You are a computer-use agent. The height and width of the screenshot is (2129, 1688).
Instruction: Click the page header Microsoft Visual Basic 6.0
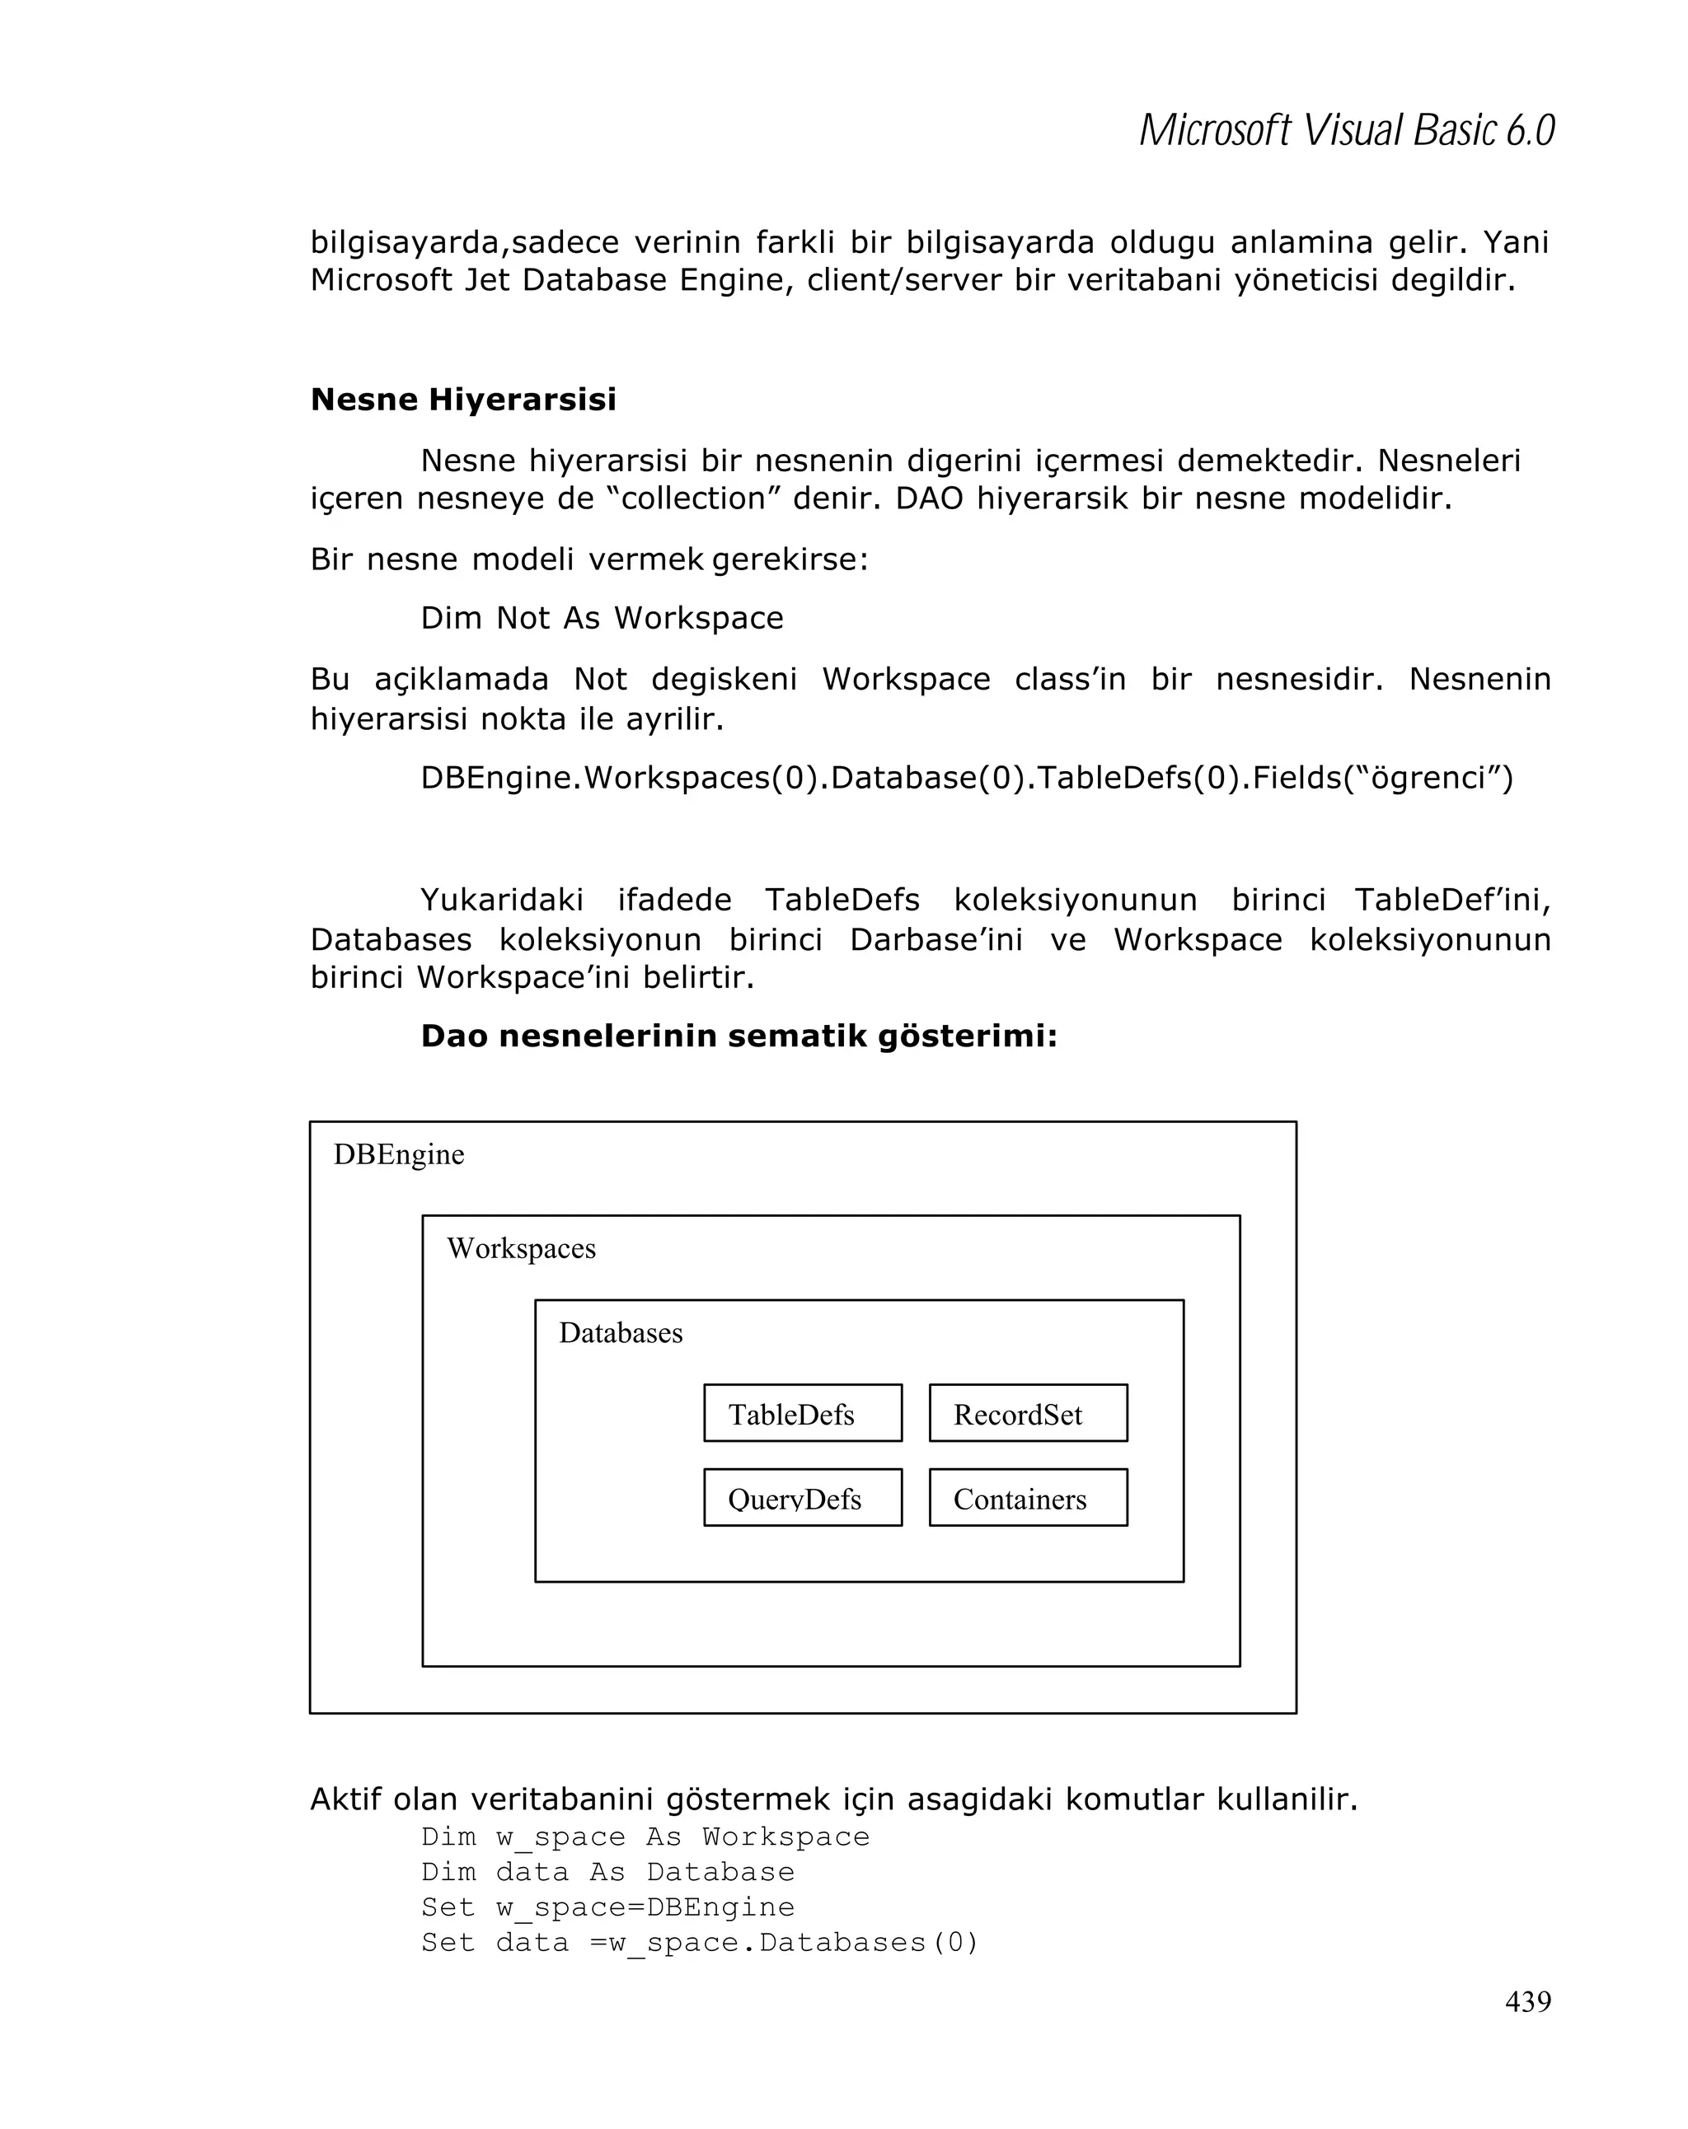coord(1346,130)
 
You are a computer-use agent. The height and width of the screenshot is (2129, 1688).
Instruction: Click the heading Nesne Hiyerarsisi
coord(462,399)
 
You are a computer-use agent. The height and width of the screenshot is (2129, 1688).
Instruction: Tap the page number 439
coord(1527,2000)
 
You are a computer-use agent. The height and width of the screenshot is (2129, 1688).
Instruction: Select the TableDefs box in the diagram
coord(802,1413)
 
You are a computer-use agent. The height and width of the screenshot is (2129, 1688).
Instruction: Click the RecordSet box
coord(1027,1413)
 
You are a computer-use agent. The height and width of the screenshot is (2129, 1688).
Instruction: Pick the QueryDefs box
coord(802,1498)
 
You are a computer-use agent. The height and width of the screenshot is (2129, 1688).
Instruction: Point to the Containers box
coord(1027,1498)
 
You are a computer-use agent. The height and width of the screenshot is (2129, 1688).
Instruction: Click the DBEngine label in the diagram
coord(398,1154)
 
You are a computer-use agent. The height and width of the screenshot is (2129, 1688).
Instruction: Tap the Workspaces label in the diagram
coord(521,1248)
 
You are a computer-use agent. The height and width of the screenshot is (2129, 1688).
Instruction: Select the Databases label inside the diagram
coord(621,1333)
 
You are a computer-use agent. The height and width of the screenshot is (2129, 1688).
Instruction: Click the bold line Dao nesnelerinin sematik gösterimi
coord(738,1036)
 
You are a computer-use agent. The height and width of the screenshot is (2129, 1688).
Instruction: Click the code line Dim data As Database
coord(607,1871)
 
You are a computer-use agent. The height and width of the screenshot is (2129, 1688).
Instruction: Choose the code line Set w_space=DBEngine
coord(607,1907)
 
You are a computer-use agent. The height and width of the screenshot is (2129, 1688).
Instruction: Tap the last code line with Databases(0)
coord(699,1942)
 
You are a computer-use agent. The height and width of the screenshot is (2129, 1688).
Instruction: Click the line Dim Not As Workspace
coord(602,618)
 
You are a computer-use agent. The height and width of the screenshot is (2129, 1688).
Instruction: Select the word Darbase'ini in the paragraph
coord(935,939)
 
